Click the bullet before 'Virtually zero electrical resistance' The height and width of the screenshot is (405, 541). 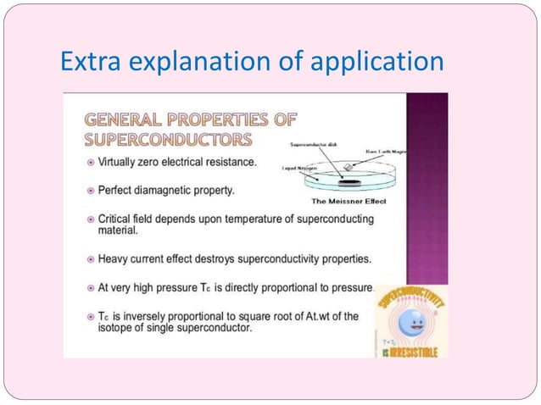tap(91, 161)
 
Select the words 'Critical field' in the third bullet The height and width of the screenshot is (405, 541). tap(126, 219)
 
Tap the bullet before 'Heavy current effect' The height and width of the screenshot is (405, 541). tap(91, 258)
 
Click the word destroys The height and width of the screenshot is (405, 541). tap(232, 258)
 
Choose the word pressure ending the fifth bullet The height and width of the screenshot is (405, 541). tap(347, 287)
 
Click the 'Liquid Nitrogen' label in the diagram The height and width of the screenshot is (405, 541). tap(298, 169)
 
